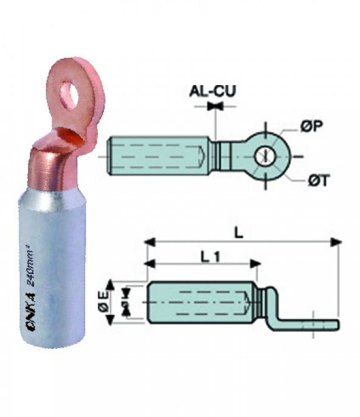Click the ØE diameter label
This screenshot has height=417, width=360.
click(x=104, y=302)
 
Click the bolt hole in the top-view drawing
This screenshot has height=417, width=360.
click(x=263, y=156)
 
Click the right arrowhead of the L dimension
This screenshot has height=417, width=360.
click(x=336, y=242)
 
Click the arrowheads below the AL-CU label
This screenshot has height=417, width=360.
click(x=214, y=106)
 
